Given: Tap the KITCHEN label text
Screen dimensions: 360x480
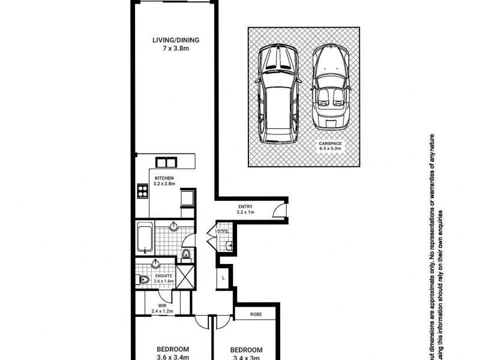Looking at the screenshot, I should pos(164,178).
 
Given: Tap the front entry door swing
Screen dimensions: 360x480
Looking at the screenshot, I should pos(279,210).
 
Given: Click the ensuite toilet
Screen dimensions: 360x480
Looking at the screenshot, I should pos(144,280).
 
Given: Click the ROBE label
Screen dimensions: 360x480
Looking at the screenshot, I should pos(256,313).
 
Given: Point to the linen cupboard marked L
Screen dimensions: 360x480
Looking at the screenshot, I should pos(224,278).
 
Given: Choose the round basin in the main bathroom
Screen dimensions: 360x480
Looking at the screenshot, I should pos(174,227).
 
